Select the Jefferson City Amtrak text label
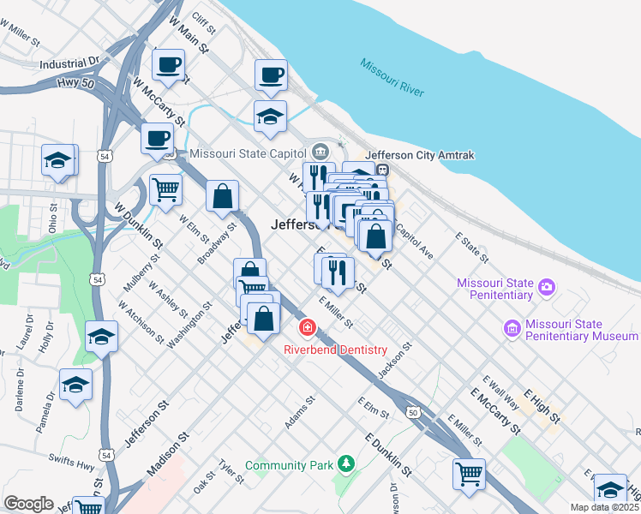click(x=420, y=155)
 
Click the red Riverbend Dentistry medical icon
click(x=307, y=328)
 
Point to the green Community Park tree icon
click(x=345, y=463)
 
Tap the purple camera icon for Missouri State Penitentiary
click(x=547, y=288)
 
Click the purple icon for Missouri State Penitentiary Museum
click(x=512, y=328)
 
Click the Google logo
click(x=29, y=504)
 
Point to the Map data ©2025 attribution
click(x=603, y=507)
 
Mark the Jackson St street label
click(x=395, y=361)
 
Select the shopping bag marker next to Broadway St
click(x=222, y=195)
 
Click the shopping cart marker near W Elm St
click(x=165, y=188)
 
